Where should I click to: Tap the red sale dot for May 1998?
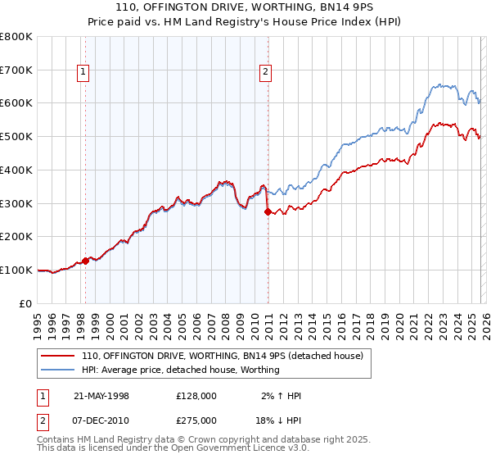[x=85, y=261]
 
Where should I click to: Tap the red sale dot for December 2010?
[x=268, y=211]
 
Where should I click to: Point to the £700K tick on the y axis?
[x=16, y=70]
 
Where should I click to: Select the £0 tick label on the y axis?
[x=26, y=303]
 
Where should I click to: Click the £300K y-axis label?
[x=16, y=203]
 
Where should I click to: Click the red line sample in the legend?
[x=59, y=356]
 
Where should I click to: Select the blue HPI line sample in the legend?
[x=59, y=370]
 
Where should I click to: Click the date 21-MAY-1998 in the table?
[x=101, y=396]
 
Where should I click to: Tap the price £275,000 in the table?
[x=196, y=420]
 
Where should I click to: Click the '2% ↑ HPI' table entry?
[x=278, y=396]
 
